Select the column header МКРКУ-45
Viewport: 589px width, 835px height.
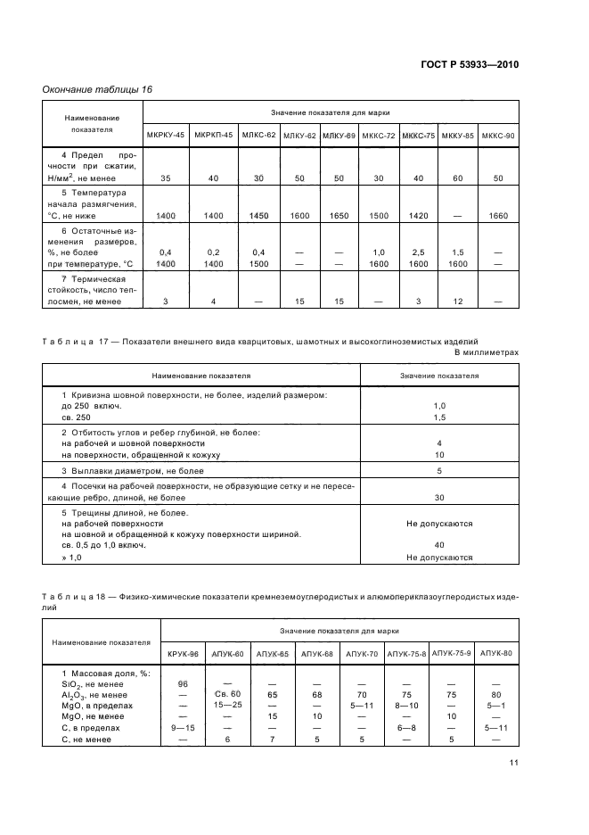pos(165,135)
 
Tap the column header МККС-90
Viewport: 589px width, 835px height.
pos(497,135)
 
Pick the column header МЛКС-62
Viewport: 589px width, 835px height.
pos(258,135)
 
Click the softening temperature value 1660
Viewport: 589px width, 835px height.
pos(497,216)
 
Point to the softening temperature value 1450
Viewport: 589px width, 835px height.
pos(258,216)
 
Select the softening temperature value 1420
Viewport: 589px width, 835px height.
pos(418,216)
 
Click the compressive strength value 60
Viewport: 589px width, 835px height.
pos(458,178)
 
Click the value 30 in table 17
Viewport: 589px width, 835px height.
pos(438,497)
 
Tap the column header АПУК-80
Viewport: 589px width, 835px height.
pos(495,654)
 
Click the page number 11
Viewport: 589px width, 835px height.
pos(514,762)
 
